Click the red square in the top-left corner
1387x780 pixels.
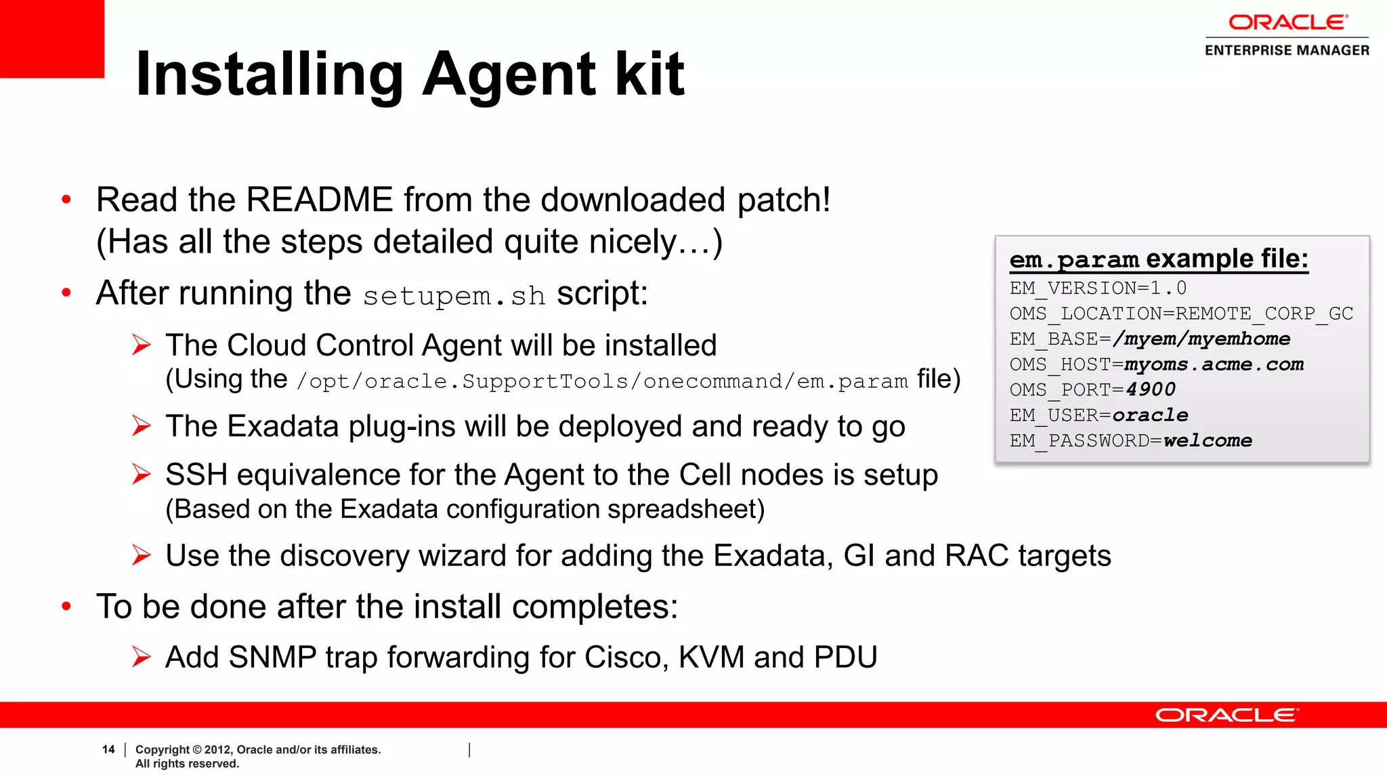(x=51, y=38)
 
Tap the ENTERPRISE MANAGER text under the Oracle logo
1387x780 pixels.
(x=1287, y=50)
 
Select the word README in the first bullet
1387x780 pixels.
(x=319, y=200)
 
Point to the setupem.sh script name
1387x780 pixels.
(x=454, y=296)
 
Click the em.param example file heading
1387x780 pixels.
(x=1158, y=259)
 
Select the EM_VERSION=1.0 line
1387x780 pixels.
(x=1098, y=288)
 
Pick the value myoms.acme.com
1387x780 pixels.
(x=1214, y=365)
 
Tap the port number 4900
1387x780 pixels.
(x=1151, y=390)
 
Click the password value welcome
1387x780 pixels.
(x=1208, y=441)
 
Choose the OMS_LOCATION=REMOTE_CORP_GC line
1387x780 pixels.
(x=1181, y=314)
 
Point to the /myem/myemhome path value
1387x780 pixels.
(x=1201, y=339)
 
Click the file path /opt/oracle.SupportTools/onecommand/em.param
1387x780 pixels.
(x=602, y=382)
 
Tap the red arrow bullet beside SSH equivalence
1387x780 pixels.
(x=141, y=475)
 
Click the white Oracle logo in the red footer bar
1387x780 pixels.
(x=1226, y=715)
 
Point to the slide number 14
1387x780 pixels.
(x=108, y=750)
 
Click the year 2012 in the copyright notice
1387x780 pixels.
(x=218, y=750)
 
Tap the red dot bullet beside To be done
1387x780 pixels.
(x=66, y=606)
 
